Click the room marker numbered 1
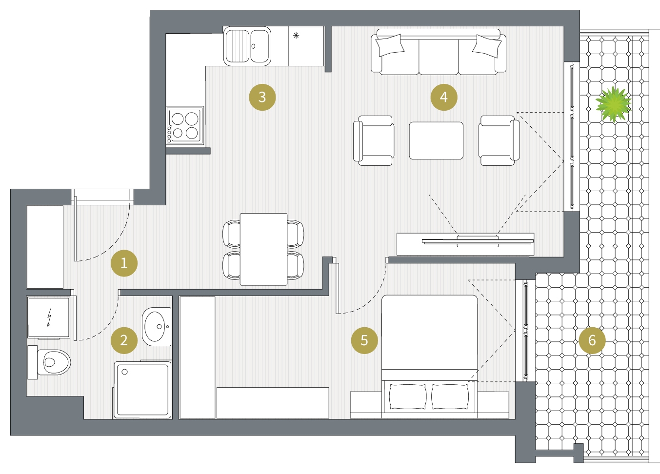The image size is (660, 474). pyautogui.click(x=124, y=263)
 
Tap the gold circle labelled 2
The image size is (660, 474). pyautogui.click(x=124, y=340)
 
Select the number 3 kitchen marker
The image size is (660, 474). pyautogui.click(x=262, y=97)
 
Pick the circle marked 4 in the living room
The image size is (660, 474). pyautogui.click(x=444, y=97)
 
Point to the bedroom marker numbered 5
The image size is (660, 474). pyautogui.click(x=364, y=340)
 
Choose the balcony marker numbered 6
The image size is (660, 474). pyautogui.click(x=592, y=340)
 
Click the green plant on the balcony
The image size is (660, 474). pyautogui.click(x=614, y=104)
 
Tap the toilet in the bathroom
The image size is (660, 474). pyautogui.click(x=49, y=362)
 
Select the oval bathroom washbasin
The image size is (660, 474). pyautogui.click(x=157, y=326)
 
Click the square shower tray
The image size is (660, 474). pyautogui.click(x=142, y=390)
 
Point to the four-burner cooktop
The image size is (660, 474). pyautogui.click(x=185, y=126)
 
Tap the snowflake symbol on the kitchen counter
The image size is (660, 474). pyautogui.click(x=296, y=36)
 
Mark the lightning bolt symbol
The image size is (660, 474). pyautogui.click(x=49, y=317)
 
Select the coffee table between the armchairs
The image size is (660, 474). pyautogui.click(x=436, y=140)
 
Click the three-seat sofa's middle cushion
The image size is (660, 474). pyautogui.click(x=439, y=57)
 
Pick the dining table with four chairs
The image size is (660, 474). pyautogui.click(x=263, y=249)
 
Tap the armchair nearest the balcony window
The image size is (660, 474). pyautogui.click(x=499, y=140)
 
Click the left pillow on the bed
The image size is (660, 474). pyautogui.click(x=407, y=396)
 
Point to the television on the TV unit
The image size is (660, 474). pyautogui.click(x=478, y=241)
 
